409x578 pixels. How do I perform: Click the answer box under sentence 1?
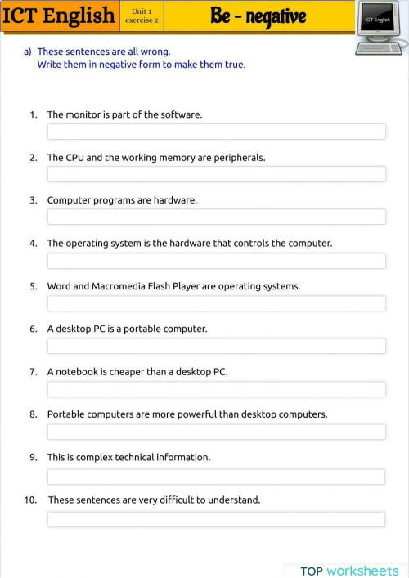click(216, 132)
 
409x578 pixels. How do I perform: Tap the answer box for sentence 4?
click(216, 261)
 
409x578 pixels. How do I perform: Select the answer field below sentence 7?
click(216, 389)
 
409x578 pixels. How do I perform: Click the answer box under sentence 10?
click(216, 519)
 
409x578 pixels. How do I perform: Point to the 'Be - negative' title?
click(258, 16)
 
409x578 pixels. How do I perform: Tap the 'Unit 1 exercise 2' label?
click(142, 16)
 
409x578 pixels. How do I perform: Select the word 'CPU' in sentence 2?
click(76, 158)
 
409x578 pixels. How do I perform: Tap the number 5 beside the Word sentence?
click(34, 286)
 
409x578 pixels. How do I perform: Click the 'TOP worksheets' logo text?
click(349, 571)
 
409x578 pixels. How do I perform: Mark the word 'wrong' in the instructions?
click(155, 52)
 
